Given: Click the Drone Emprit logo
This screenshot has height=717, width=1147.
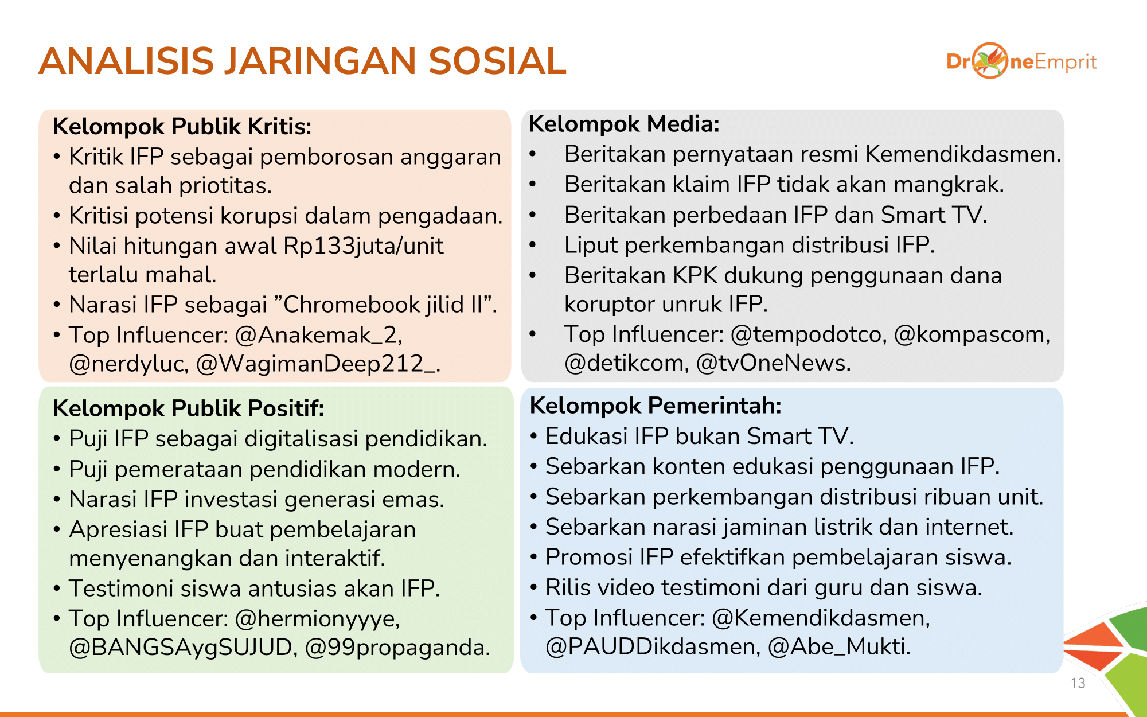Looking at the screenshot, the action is tap(1021, 61).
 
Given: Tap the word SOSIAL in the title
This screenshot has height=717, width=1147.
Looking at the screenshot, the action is tap(497, 61).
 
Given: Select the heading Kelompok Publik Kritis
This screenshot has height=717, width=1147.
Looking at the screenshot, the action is tap(182, 126).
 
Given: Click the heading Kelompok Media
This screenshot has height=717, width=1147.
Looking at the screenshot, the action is tap(624, 124).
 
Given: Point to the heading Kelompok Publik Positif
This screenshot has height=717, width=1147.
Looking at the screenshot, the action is tap(189, 408).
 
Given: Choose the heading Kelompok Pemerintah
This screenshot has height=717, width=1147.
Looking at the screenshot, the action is tap(656, 406).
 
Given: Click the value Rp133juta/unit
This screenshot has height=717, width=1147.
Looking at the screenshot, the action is tap(364, 246).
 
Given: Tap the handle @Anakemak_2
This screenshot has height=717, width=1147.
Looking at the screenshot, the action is tap(319, 335).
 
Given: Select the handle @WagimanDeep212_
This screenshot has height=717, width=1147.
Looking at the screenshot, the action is tap(318, 364).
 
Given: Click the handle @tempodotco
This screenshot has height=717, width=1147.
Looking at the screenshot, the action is tap(809, 334).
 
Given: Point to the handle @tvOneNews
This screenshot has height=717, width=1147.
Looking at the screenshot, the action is tap(774, 363).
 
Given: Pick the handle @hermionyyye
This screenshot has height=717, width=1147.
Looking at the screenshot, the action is tap(318, 618).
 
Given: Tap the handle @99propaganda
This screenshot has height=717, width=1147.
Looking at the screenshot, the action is tap(398, 647).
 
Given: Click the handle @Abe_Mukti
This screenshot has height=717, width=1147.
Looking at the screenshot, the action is tap(839, 646).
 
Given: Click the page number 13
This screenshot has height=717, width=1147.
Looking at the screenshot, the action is tap(1078, 683).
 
